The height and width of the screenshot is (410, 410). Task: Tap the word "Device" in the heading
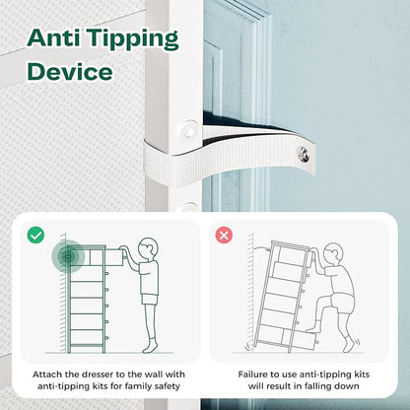70,71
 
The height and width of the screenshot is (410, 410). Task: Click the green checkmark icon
35,236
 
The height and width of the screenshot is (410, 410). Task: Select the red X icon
224,236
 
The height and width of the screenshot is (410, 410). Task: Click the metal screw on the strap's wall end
303,154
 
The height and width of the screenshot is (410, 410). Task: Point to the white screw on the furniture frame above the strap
188,130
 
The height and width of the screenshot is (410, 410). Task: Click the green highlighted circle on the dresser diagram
68,256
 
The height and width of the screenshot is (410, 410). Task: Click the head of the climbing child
333,254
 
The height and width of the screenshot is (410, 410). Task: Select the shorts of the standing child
150,300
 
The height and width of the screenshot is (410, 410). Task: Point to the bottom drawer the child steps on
300,339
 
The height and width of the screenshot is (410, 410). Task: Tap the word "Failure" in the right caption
251,375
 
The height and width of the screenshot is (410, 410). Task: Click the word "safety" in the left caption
169,386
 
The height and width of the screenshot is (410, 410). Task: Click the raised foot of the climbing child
312,327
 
